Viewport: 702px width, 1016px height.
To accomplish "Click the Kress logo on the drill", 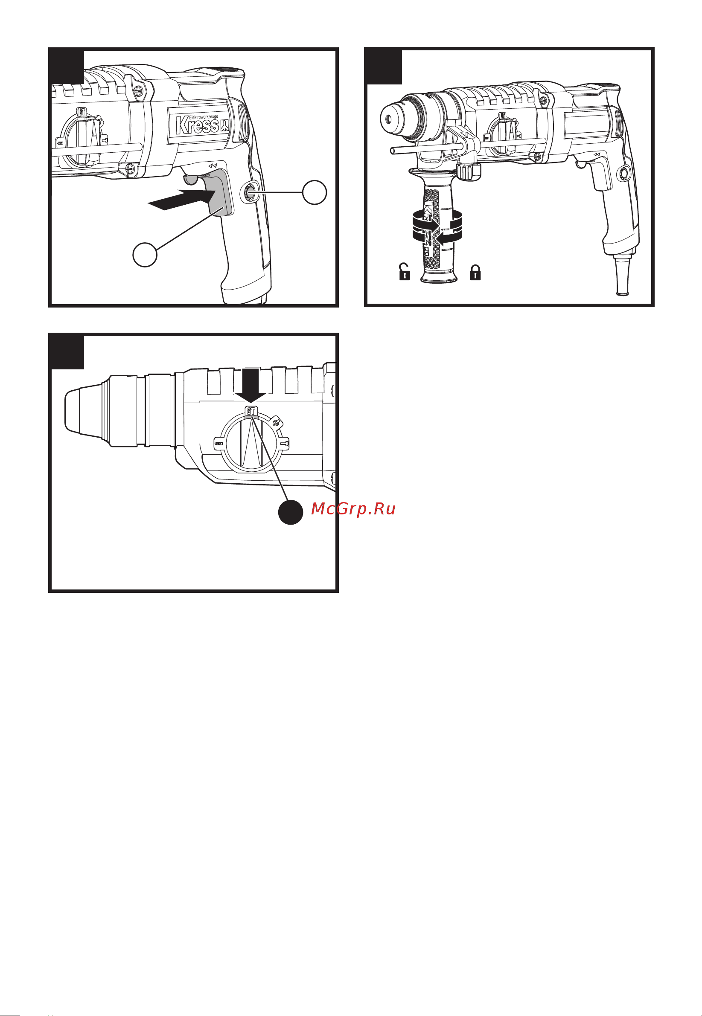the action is pos(202,125).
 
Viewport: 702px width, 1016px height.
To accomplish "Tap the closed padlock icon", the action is pos(475,272).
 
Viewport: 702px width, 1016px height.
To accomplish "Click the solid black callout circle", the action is pos(291,512).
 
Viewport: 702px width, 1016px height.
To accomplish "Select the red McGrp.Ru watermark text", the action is pos(353,509).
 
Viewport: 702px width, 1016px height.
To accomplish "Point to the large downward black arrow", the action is pos(251,385).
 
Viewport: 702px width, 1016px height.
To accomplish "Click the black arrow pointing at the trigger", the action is pos(181,199).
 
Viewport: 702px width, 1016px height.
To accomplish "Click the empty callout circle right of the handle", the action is pos(315,192).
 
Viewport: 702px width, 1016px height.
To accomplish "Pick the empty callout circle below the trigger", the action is pos(145,255).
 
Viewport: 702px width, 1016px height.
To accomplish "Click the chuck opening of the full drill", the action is pos(388,119).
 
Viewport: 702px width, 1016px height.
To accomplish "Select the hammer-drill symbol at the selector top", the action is pos(251,412).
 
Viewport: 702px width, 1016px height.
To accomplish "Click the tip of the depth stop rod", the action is pos(392,151).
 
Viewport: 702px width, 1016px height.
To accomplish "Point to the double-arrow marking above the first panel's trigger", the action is pos(213,166).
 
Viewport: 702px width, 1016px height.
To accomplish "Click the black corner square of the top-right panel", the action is pos(383,66).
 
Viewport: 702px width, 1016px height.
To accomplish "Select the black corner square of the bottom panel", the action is pos(66,351).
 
